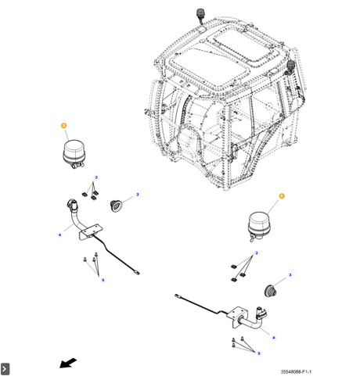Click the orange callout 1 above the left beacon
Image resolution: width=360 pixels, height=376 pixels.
point(63,126)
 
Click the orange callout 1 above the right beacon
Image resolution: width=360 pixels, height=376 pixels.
point(282,196)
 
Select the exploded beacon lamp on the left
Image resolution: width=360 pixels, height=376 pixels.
point(74,154)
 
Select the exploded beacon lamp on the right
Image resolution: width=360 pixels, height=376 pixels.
point(259,227)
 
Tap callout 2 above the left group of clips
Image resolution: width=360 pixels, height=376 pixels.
point(96,177)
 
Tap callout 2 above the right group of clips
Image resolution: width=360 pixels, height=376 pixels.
point(257,252)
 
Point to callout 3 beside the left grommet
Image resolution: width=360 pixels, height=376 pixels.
point(138,195)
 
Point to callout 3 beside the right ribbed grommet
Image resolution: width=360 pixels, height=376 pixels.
point(290,275)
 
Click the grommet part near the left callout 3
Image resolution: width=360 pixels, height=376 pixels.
point(116,206)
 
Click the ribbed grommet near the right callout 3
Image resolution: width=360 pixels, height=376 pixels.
point(270,291)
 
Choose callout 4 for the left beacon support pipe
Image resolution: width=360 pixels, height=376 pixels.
point(59,235)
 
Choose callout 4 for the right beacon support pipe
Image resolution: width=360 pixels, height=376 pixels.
point(274,338)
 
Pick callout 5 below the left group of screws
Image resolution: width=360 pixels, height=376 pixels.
point(103,280)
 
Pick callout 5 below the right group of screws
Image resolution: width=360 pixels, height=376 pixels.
point(259,353)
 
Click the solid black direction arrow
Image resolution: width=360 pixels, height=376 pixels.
point(68,363)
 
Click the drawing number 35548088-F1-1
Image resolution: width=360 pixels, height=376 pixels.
point(296,371)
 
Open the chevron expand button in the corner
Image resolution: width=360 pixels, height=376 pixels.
point(5,369)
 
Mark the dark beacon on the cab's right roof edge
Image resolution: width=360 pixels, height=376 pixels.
point(290,66)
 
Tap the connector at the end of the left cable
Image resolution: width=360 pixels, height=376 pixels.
point(137,273)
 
